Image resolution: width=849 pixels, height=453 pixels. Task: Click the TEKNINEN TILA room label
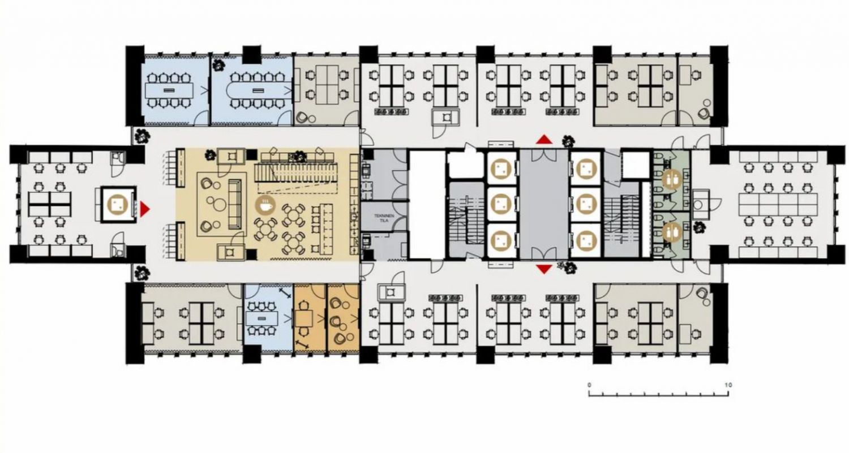click(x=384, y=217)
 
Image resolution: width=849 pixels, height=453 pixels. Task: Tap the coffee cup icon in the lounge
click(x=265, y=205)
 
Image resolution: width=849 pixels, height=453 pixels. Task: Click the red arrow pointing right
click(x=145, y=209)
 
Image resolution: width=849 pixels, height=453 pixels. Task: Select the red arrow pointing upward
click(x=544, y=139)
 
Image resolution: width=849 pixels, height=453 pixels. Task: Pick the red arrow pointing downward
click(x=544, y=269)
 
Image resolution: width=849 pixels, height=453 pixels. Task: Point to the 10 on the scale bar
click(x=728, y=385)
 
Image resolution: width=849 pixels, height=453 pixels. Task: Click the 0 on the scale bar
click(x=589, y=385)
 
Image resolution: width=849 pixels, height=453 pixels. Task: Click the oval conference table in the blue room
click(x=259, y=90)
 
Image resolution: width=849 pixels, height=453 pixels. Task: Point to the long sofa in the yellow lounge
click(x=235, y=204)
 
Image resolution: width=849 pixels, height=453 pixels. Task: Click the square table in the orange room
click(x=303, y=319)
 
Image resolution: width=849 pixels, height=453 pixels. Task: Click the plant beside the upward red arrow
click(x=568, y=141)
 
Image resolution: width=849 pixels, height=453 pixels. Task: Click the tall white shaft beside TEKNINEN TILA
click(x=427, y=205)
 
